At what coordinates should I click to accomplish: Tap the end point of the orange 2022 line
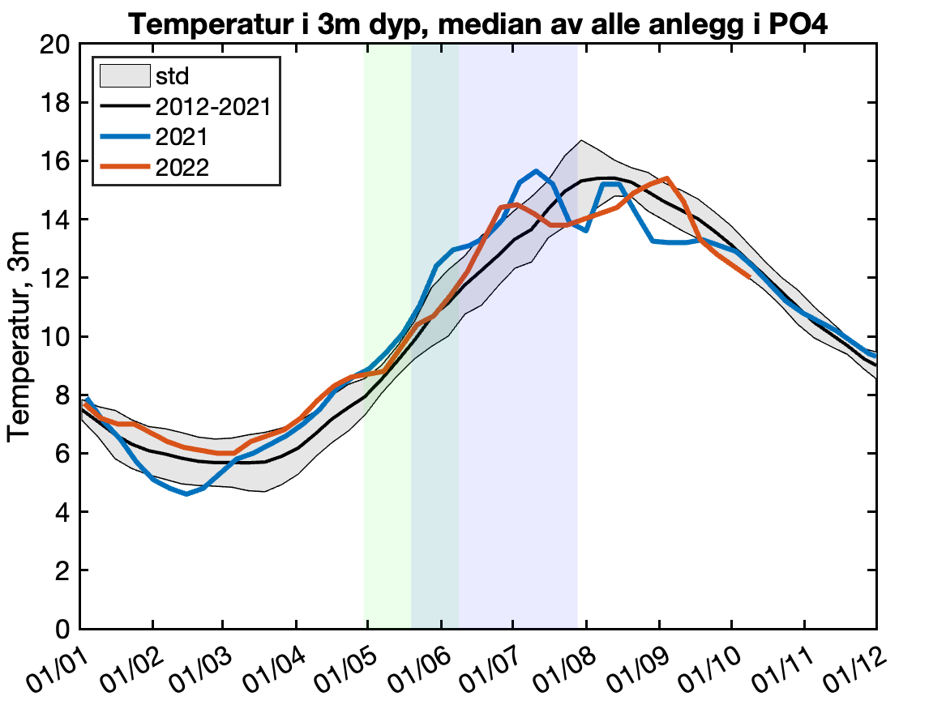[x=750, y=277]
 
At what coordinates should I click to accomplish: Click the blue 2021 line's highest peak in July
[x=536, y=171]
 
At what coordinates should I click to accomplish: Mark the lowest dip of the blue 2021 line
[x=187, y=493]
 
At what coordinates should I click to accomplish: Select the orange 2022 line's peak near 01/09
[x=666, y=178]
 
